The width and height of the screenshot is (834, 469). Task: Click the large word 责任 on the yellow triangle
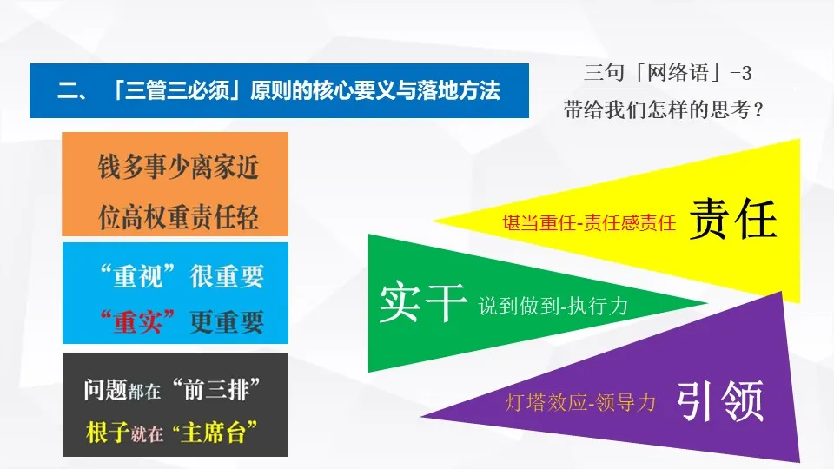pyautogui.click(x=732, y=220)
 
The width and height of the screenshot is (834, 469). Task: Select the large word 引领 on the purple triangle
pyautogui.click(x=720, y=402)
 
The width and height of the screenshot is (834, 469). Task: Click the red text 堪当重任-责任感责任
pyautogui.click(x=588, y=223)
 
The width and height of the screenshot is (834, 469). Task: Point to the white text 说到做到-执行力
pyautogui.click(x=553, y=306)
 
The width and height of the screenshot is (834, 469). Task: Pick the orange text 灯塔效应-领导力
pyautogui.click(x=579, y=402)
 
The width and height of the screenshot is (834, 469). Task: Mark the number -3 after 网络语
pyautogui.click(x=741, y=74)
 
